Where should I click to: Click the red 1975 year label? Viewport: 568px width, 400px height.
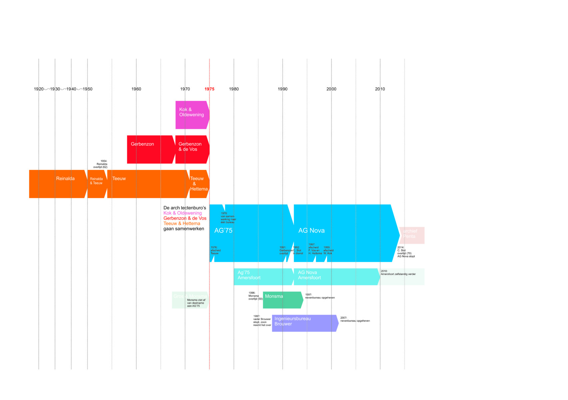click(209, 89)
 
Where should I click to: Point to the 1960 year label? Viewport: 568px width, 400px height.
click(136, 89)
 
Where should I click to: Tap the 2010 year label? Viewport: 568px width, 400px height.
click(380, 89)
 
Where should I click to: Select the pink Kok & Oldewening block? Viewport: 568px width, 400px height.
click(192, 115)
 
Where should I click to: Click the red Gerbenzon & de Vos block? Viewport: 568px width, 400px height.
click(192, 149)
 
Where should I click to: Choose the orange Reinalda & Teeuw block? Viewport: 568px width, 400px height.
click(97, 184)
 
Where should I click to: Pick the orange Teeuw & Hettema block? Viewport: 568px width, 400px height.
click(199, 184)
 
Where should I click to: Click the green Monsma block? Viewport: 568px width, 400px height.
click(282, 300)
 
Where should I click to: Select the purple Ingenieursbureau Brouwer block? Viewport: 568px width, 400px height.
click(304, 323)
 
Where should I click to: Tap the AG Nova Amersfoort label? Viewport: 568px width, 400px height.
click(309, 275)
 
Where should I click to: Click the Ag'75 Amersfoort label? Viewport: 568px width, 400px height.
click(249, 275)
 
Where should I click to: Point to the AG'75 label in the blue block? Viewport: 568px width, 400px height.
click(223, 230)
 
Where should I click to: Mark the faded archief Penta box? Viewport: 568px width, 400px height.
click(412, 235)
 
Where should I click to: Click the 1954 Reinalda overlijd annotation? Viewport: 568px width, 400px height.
click(100, 164)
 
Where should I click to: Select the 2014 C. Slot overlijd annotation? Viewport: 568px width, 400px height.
click(406, 252)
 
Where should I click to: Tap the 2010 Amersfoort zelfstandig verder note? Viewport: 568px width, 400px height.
click(398, 273)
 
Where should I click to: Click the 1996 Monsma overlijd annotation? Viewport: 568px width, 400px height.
click(255, 296)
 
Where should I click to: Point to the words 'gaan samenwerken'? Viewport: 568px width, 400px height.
click(184, 229)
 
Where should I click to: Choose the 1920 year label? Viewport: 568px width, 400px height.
click(39, 89)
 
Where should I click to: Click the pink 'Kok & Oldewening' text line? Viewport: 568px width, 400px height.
click(182, 213)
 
